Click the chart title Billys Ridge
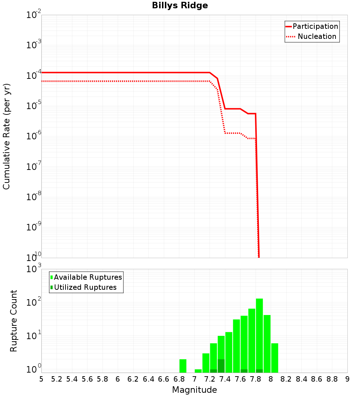click(x=180, y=5)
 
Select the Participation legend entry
click(x=315, y=26)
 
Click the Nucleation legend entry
click(x=316, y=36)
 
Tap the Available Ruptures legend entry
click(x=87, y=277)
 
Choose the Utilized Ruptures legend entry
click(x=85, y=287)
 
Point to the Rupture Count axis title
click(x=14, y=320)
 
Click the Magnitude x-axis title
click(x=194, y=390)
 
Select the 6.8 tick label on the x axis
click(x=179, y=379)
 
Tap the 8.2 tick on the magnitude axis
click(x=286, y=379)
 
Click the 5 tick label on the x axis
click(x=41, y=379)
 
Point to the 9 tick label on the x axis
click(x=347, y=379)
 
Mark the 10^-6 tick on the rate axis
click(x=34, y=137)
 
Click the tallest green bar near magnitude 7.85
click(x=259, y=335)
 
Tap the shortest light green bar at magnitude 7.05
click(x=198, y=371)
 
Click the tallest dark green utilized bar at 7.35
click(x=221, y=366)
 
